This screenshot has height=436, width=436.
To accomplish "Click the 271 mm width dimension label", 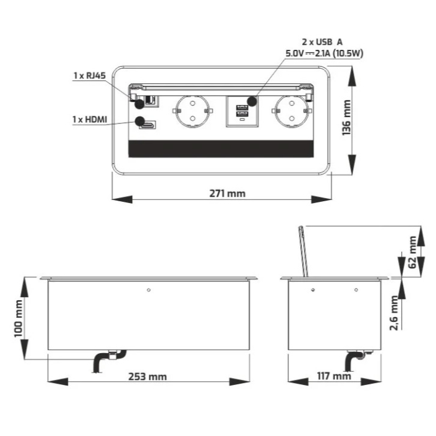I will pos(227,193).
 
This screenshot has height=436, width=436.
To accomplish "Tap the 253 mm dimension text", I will pos(148,376).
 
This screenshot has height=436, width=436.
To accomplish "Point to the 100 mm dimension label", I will pos(19,318).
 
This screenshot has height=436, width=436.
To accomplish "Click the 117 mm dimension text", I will pos(334,376).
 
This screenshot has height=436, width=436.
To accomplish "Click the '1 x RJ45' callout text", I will pos(89,76).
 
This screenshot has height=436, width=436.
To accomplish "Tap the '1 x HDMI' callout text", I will pos(88,118).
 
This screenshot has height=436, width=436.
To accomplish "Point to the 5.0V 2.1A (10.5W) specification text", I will pos(324,53).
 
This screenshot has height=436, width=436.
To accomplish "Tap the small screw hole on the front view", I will pos(148,290).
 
